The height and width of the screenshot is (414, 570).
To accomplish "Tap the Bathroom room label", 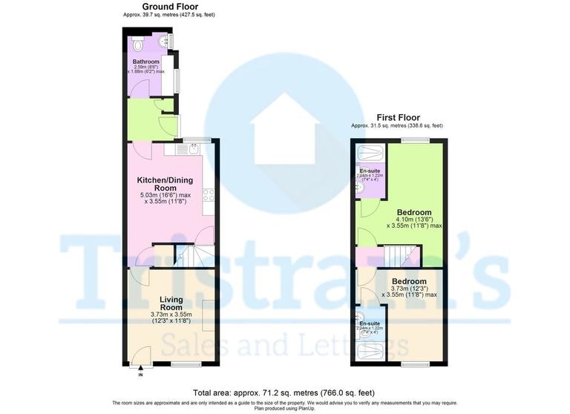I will [x=146, y=62].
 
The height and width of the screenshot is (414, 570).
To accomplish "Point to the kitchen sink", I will [x=192, y=149].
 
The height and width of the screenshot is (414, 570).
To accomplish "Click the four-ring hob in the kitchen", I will [x=209, y=195].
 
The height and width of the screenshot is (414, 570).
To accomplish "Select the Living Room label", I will [x=171, y=303].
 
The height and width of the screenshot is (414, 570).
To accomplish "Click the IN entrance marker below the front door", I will [x=140, y=375].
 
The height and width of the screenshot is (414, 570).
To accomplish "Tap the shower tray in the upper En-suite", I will [x=371, y=154].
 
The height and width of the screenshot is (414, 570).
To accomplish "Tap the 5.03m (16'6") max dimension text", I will [x=166, y=195].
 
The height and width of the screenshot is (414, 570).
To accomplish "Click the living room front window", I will [x=186, y=364].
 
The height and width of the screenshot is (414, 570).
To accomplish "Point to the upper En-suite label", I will [x=370, y=171].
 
